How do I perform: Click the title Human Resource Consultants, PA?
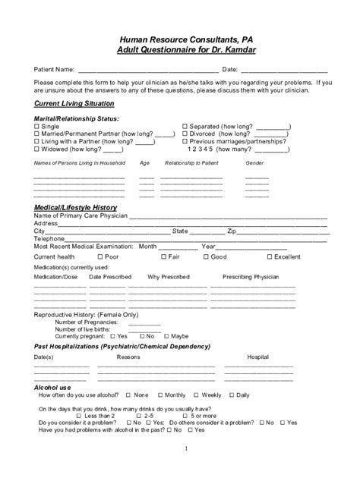(x=179, y=37)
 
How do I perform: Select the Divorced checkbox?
(x=185, y=134)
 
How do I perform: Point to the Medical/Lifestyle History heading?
(x=76, y=207)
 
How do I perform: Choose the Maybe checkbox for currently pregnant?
(x=166, y=335)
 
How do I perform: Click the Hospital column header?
(x=258, y=356)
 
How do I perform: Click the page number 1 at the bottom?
(x=185, y=449)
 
